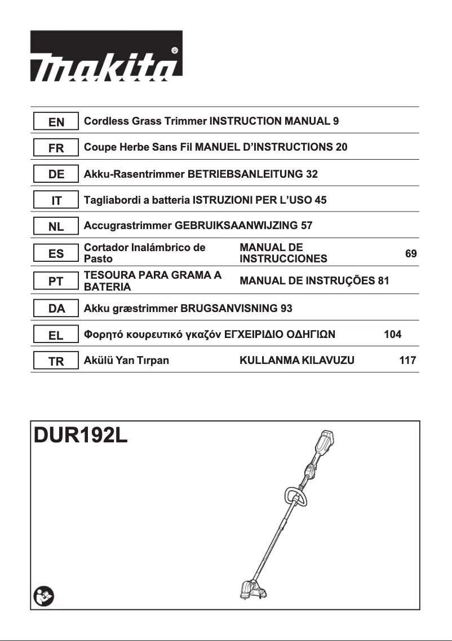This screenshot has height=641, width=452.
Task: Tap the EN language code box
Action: (x=56, y=122)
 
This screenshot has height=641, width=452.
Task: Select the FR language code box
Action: (x=56, y=148)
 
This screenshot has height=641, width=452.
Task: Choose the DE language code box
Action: (x=56, y=174)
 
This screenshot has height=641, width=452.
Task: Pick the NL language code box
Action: (x=56, y=227)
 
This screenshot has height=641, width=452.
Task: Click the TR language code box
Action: (x=56, y=362)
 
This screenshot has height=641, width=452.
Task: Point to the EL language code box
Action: (x=56, y=335)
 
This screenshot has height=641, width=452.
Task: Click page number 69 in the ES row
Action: (x=411, y=254)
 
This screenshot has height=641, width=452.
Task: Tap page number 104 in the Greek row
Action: (x=392, y=335)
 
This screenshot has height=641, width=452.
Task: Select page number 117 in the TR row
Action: (x=407, y=361)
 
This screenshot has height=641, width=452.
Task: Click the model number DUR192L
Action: (x=81, y=436)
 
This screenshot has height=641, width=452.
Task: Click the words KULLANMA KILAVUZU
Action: (x=297, y=361)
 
